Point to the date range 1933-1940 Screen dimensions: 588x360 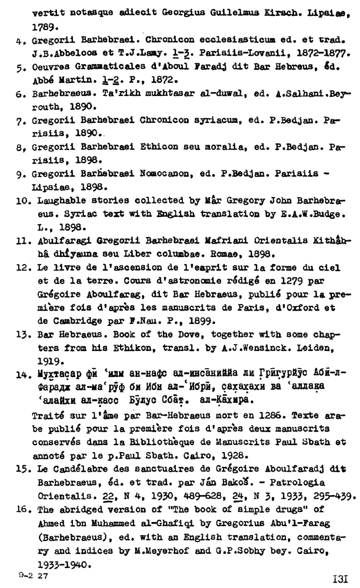[58, 563]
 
